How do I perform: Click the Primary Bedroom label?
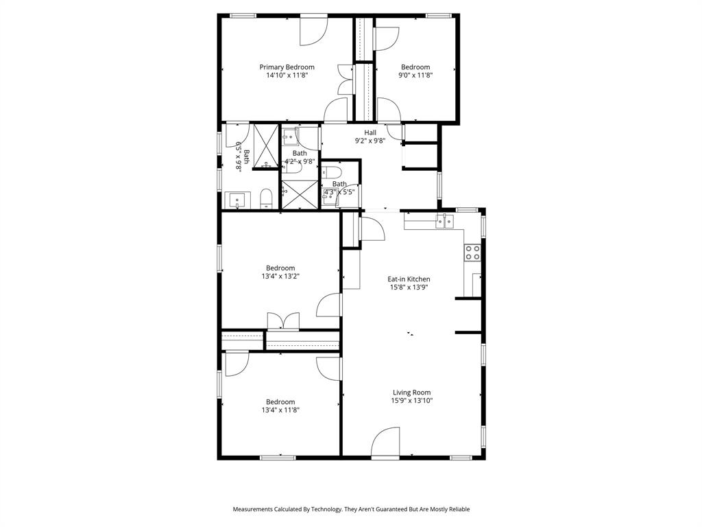tap(287, 67)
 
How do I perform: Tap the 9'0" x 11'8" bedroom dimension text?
tap(415, 75)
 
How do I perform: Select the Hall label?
tap(370, 132)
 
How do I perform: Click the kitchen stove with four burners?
tap(472, 253)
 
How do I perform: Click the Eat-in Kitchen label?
tap(409, 279)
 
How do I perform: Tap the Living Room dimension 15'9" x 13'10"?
tap(411, 401)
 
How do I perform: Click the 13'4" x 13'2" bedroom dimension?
tap(280, 277)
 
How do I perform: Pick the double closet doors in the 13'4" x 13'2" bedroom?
tap(283, 320)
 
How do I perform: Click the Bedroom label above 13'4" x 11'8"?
tap(280, 401)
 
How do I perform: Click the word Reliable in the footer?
tap(457, 509)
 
